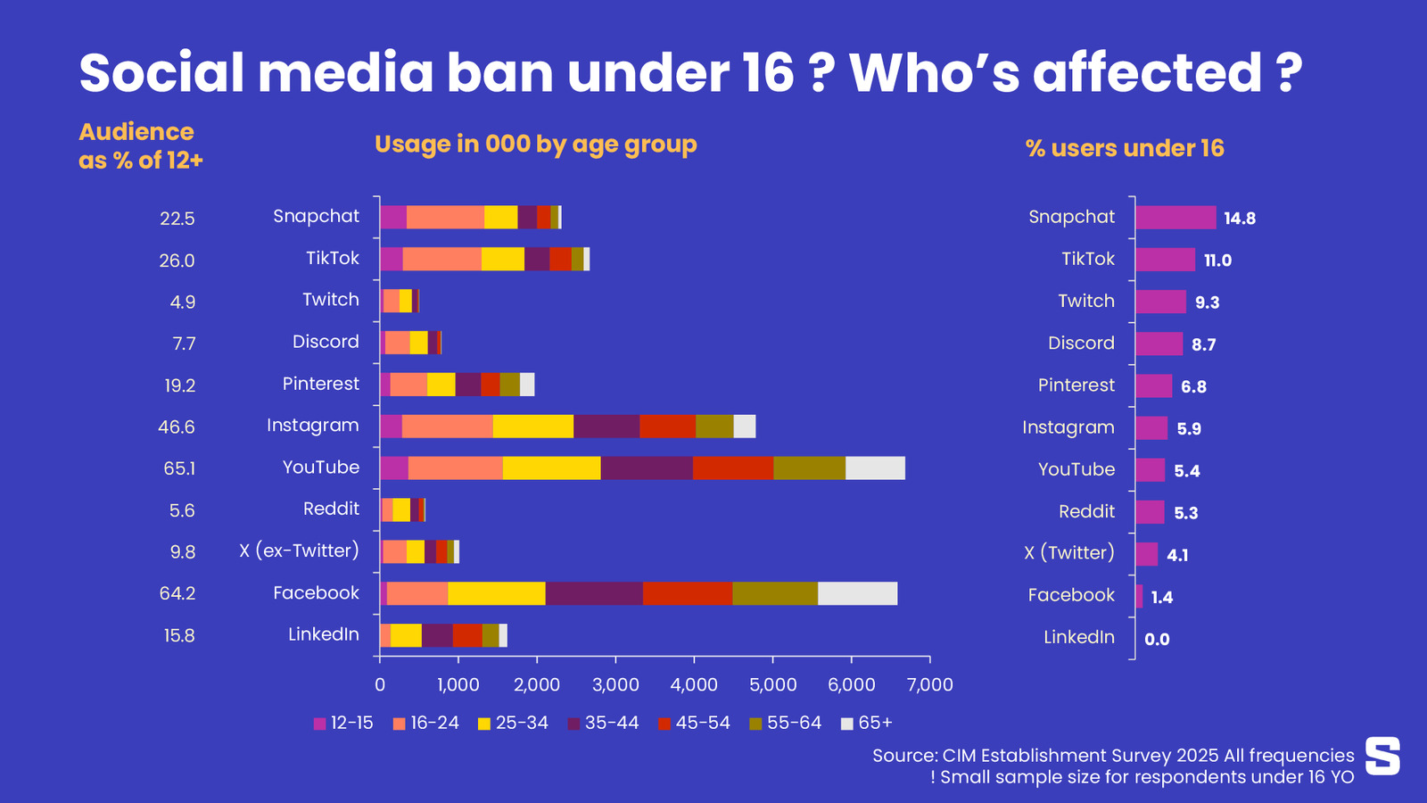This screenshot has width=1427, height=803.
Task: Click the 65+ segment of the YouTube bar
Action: click(x=875, y=468)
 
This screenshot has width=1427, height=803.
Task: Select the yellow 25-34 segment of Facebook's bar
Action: click(x=496, y=593)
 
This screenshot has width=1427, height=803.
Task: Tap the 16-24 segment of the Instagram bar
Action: click(x=447, y=426)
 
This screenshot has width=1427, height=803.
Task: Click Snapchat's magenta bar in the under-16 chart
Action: click(x=1175, y=218)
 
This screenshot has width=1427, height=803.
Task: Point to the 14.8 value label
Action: click(x=1240, y=219)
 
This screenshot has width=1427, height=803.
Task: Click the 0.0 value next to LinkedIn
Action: click(x=1157, y=639)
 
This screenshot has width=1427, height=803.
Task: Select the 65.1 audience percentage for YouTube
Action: click(x=179, y=468)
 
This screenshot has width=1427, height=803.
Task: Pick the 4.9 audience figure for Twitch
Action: click(x=183, y=302)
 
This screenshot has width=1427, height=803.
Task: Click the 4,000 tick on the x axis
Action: click(x=694, y=684)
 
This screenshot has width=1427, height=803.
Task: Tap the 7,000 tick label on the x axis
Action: click(x=929, y=684)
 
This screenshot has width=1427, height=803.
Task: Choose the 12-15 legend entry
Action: click(x=343, y=723)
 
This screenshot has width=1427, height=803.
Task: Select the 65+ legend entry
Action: click(x=866, y=723)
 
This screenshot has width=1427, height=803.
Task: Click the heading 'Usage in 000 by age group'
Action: click(x=535, y=145)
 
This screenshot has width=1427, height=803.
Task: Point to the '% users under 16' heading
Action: click(x=1125, y=148)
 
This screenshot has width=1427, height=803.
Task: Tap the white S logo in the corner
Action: click(x=1382, y=756)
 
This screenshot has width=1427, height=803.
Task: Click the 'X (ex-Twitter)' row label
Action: click(x=299, y=551)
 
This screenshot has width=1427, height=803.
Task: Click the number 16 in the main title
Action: click(x=767, y=73)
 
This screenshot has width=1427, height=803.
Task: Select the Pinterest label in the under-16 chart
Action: click(x=1076, y=385)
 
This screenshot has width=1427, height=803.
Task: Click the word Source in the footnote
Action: click(x=903, y=756)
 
